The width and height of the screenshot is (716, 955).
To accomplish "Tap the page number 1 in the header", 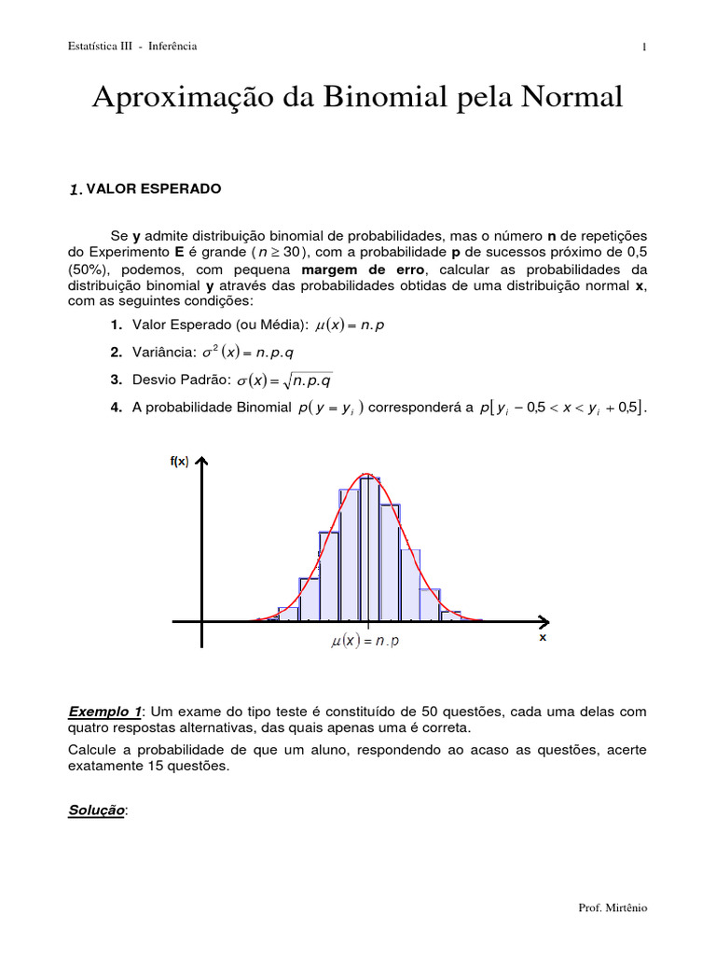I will pos(644,48).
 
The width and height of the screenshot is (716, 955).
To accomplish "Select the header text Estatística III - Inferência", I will pos(132,47).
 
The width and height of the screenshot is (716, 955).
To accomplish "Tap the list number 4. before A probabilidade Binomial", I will pos(116,408).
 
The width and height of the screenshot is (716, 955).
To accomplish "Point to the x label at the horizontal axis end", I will pos(543,639).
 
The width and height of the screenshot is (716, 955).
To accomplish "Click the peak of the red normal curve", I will pos(368,474).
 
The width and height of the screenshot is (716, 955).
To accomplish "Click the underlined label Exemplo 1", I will pos(103,712).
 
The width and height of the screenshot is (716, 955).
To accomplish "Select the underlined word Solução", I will pos(96,810).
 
